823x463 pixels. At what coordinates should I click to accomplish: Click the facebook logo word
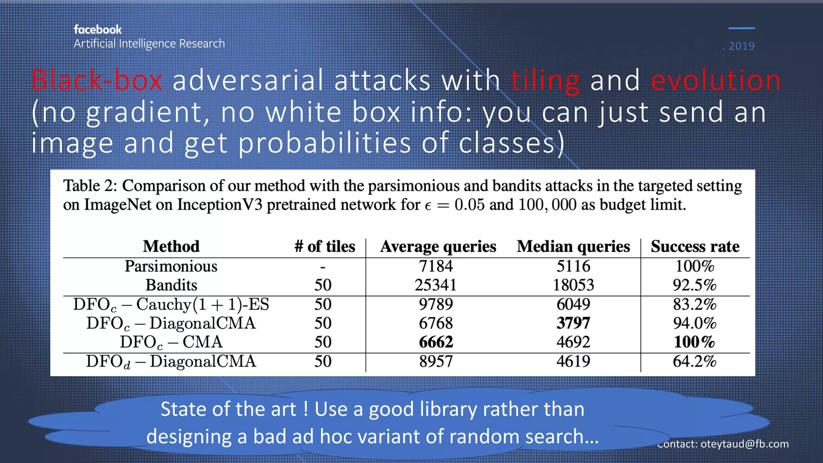[x=98, y=30]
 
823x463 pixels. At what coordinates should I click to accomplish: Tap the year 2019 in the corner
[x=741, y=46]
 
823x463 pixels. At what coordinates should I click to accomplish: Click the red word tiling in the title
[x=545, y=81]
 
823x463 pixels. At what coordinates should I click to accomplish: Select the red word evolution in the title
[x=716, y=80]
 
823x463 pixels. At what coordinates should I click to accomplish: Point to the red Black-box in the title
[x=97, y=80]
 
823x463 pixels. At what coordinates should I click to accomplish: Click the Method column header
[x=171, y=246]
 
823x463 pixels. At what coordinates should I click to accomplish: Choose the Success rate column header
[x=695, y=246]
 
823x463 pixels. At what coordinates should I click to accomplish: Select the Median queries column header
[x=573, y=246]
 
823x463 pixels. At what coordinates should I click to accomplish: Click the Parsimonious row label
[x=171, y=266]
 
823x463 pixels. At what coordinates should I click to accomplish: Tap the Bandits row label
[x=171, y=285]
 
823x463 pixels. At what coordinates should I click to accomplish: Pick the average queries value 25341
[x=436, y=285]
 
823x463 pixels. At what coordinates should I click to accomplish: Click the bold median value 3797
[x=573, y=323]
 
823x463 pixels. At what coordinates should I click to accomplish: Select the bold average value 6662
[x=436, y=342]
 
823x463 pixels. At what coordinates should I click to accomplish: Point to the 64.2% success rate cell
[x=695, y=361]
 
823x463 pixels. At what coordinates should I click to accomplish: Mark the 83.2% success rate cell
[x=695, y=304]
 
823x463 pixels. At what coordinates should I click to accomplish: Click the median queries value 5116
[x=573, y=266]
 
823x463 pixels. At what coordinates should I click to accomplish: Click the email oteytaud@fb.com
[x=744, y=444]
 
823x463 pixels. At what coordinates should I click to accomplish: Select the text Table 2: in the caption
[x=90, y=186]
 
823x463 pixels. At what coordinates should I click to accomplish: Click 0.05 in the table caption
[x=469, y=205]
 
